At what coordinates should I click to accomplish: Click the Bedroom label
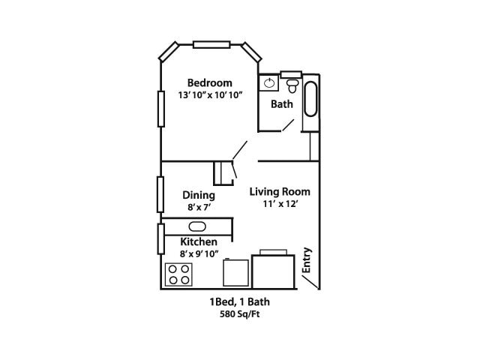(209, 82)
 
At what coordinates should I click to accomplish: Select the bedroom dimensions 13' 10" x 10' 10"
(209, 95)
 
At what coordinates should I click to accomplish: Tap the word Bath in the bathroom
(282, 104)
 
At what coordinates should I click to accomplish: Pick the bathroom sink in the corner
(268, 83)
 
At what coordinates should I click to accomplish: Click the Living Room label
(280, 191)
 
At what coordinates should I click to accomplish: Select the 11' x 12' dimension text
(280, 204)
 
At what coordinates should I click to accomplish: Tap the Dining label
(199, 195)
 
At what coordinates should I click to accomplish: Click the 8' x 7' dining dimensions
(199, 208)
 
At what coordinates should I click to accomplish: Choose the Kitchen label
(199, 241)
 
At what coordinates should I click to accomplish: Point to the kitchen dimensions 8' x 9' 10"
(199, 254)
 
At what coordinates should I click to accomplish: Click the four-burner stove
(178, 274)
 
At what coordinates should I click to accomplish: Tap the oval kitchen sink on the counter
(197, 226)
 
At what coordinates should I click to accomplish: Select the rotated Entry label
(307, 259)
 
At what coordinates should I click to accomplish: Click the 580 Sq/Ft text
(239, 314)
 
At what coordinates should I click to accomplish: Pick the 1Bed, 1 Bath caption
(239, 302)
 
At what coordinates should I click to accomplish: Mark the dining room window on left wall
(160, 194)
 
